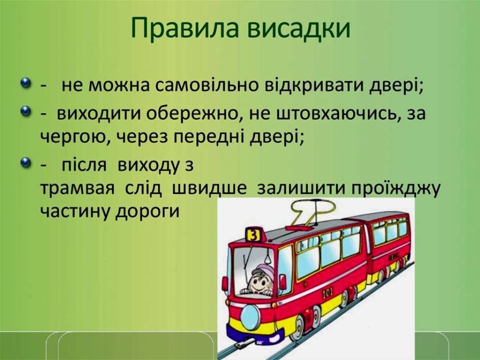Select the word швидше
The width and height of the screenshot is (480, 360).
[x=210, y=188]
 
